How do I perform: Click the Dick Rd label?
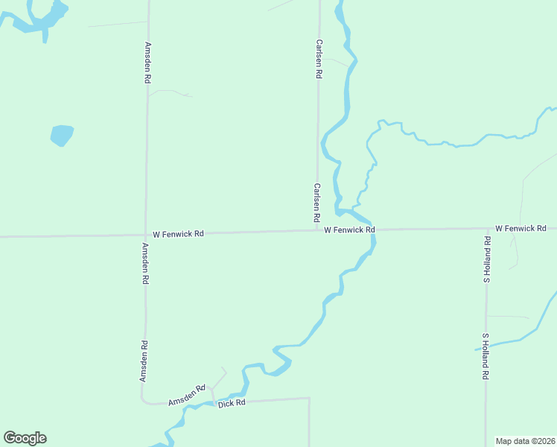(232, 403)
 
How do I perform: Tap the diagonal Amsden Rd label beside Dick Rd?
(186, 396)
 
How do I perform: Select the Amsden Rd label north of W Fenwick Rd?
(148, 61)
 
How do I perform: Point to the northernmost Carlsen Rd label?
(319, 59)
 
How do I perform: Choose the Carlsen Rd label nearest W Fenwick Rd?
(316, 203)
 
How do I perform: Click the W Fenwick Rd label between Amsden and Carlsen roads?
(178, 234)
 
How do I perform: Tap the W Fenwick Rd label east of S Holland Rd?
(521, 227)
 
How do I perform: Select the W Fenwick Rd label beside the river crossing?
(349, 230)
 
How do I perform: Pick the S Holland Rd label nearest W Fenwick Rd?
(486, 260)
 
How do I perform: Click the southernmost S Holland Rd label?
(484, 357)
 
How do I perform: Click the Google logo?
(25, 437)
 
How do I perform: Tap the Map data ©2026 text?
(524, 441)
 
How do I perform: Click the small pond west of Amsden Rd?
(62, 136)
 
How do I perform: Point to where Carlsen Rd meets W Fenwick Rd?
(318, 231)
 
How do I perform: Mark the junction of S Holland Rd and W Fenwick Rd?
(486, 229)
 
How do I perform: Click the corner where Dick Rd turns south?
(309, 398)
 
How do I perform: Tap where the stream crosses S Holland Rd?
(486, 345)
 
